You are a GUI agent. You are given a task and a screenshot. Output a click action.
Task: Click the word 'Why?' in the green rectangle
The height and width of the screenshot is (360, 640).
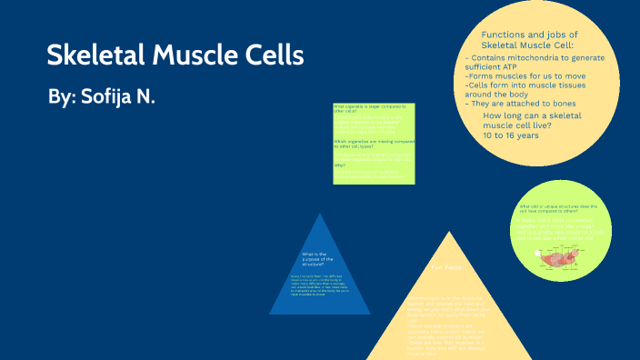(339, 165)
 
